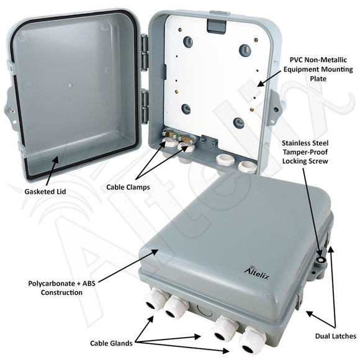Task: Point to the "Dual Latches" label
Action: click(x=335, y=336)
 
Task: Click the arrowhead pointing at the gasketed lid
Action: click(x=56, y=160)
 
